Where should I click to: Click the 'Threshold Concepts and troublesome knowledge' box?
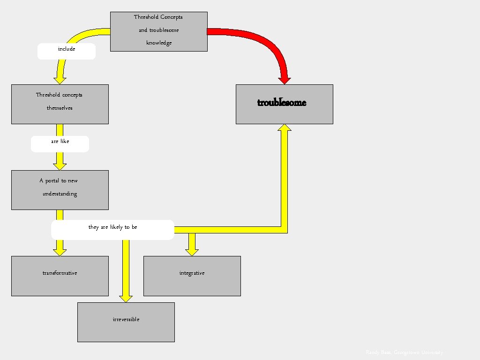158,31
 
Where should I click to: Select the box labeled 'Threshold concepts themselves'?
60,104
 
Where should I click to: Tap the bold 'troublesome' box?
284,104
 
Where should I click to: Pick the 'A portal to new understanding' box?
60,190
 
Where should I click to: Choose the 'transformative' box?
60,276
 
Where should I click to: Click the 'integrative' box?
192,276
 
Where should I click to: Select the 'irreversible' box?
126,322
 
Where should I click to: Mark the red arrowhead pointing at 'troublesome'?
284,78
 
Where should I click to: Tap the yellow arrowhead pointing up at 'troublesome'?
284,128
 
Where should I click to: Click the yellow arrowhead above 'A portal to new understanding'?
60,165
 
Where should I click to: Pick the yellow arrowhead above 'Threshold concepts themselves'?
60,80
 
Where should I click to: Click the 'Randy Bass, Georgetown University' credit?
404,352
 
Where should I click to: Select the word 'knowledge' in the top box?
159,43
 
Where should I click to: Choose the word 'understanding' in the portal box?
60,194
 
